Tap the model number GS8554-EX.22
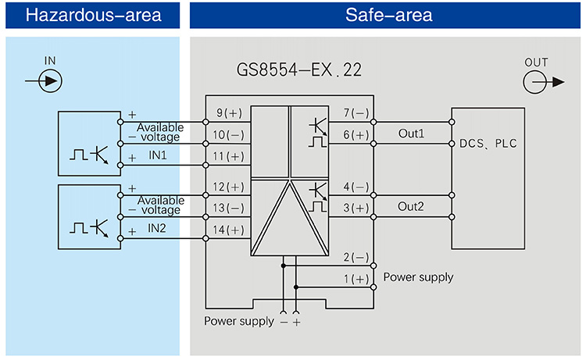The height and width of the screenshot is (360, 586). (x=299, y=70)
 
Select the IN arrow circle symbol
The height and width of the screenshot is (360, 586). (x=50, y=80)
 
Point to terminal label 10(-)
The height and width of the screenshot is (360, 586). (x=230, y=135)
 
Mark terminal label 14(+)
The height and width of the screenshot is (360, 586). (x=230, y=230)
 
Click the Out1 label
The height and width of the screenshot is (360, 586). (x=411, y=134)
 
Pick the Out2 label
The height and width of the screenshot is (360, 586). (x=411, y=207)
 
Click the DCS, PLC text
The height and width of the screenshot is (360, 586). (x=488, y=144)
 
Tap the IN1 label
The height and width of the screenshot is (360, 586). (x=159, y=156)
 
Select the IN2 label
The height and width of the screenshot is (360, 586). (x=159, y=229)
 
